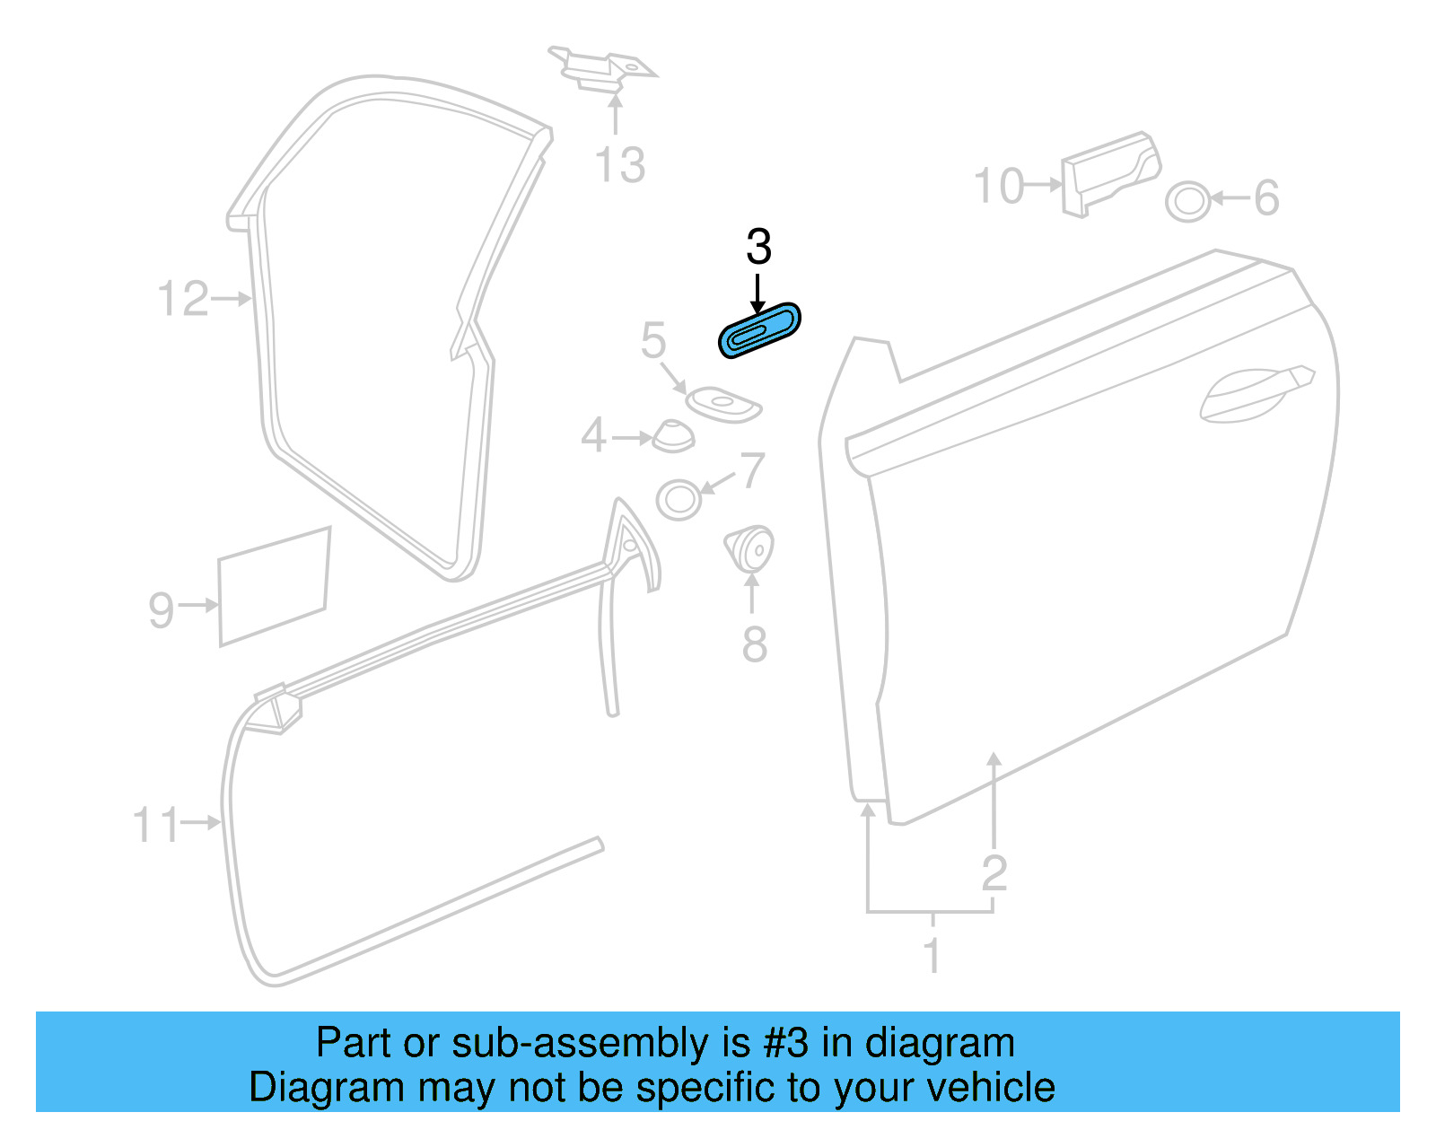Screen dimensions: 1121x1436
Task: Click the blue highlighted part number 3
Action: click(x=759, y=330)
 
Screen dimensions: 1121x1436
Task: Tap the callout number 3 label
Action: click(x=758, y=247)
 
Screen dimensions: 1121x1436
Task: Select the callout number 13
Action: click(x=619, y=166)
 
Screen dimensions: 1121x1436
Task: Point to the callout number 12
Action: click(x=182, y=299)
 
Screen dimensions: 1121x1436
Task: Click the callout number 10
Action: click(x=998, y=186)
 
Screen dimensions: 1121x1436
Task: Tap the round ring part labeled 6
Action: click(x=1187, y=201)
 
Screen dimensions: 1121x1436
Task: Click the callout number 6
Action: click(x=1266, y=198)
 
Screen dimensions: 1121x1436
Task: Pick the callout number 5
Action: click(x=653, y=341)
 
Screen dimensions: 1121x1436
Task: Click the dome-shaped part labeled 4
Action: click(x=673, y=435)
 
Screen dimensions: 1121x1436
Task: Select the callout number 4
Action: click(x=593, y=436)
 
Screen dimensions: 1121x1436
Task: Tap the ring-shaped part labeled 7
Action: click(x=679, y=499)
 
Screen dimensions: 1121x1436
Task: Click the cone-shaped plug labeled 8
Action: click(x=749, y=547)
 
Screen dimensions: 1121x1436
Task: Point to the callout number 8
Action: click(x=754, y=644)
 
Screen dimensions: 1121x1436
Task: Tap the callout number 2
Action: click(x=994, y=872)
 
